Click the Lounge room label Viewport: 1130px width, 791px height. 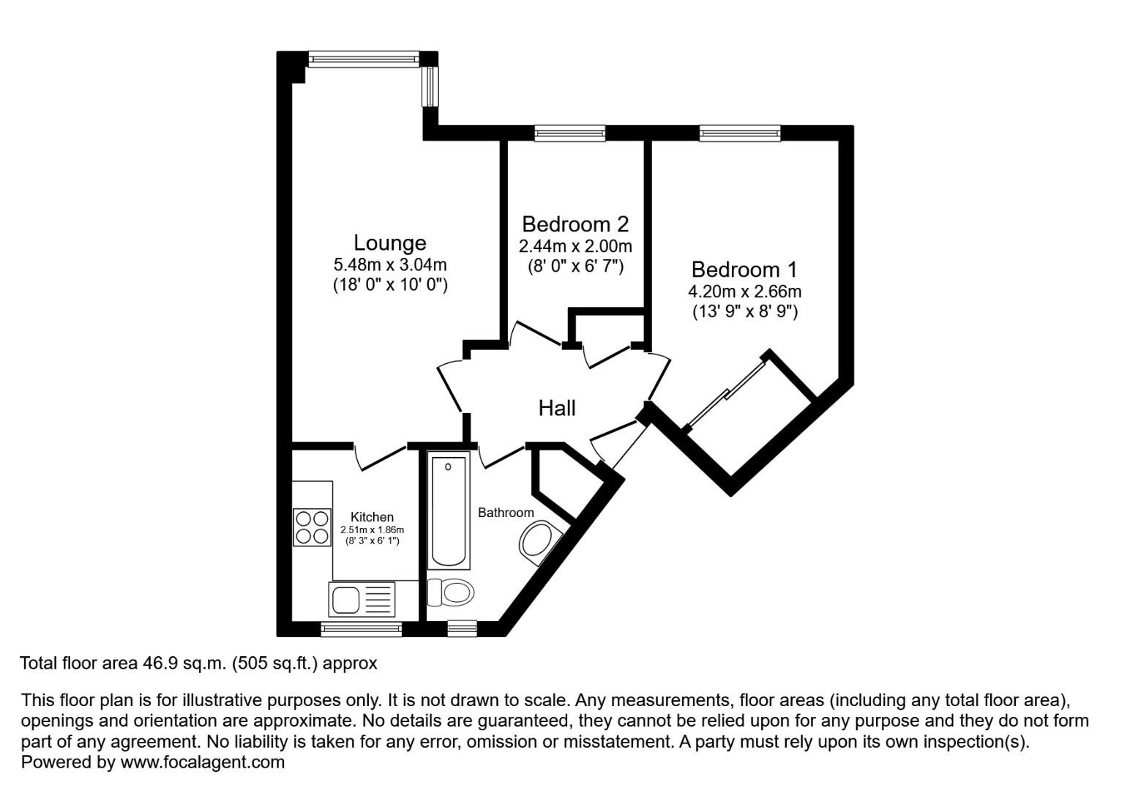pos(389,243)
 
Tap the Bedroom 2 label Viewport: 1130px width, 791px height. pos(575,224)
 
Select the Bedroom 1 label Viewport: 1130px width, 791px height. pos(744,270)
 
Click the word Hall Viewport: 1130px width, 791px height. pos(557,408)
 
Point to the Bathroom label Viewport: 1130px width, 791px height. pos(506,513)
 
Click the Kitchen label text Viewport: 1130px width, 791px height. pos(372,517)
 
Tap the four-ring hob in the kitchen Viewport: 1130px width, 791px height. pos(312,527)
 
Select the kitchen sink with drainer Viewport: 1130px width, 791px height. pos(362,599)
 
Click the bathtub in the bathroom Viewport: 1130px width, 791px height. pos(449,510)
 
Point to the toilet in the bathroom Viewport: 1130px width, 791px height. pos(451,592)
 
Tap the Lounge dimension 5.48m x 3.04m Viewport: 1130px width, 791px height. pos(390,264)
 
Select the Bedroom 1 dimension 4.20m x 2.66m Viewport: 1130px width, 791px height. pos(744,291)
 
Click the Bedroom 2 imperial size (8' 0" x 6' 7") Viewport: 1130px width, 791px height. pos(575,266)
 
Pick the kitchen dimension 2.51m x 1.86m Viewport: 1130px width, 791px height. pos(373,530)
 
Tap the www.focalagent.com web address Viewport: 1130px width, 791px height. pos(202,762)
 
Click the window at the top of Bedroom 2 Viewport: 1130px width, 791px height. pos(570,133)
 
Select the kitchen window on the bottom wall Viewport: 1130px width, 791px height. pos(362,629)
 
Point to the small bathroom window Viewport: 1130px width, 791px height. pos(462,629)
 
